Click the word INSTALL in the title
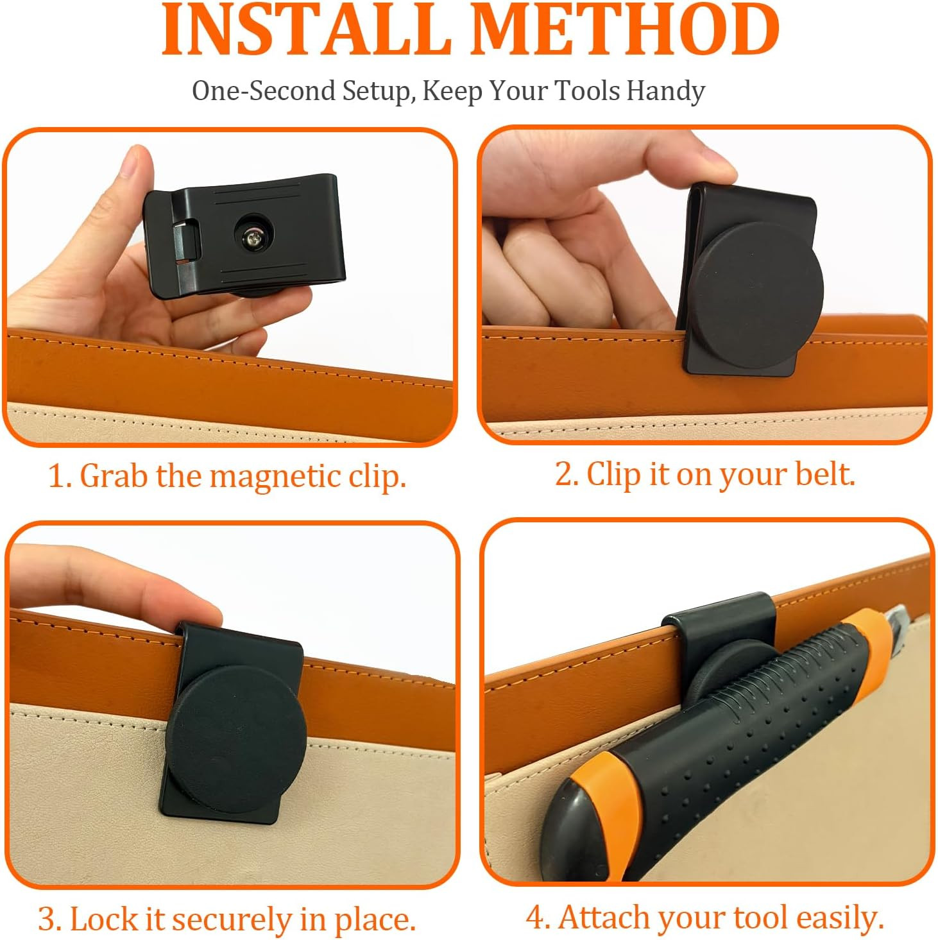pos(306,30)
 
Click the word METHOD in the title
pos(625,30)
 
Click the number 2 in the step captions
pos(565,474)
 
